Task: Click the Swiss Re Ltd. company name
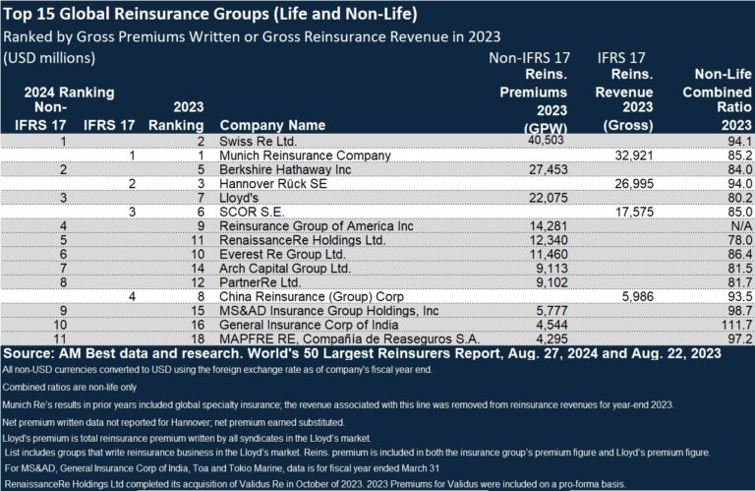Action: tap(259, 142)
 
